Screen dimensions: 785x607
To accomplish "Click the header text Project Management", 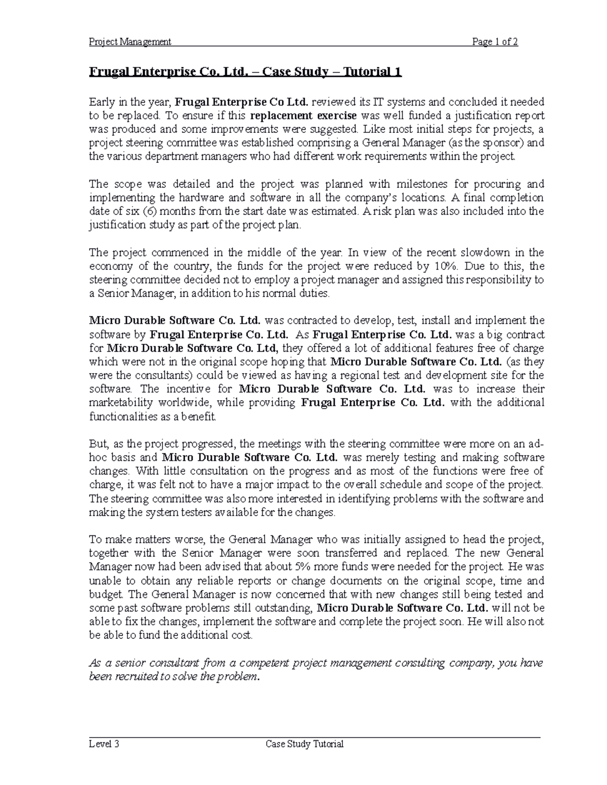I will click(x=130, y=41).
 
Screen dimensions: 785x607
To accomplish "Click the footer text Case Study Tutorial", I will click(x=305, y=744).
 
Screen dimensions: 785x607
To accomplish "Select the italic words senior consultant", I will click(x=147, y=663).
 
